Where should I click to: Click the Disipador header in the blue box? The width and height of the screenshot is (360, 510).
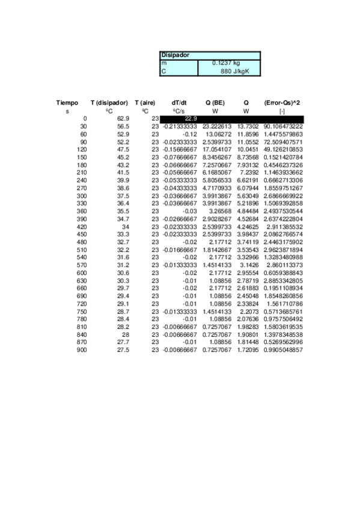pyautogui.click(x=175, y=55)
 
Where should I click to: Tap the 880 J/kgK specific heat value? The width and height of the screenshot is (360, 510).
pyautogui.click(x=234, y=70)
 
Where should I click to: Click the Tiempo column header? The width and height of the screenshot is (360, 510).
pyautogui.click(x=67, y=103)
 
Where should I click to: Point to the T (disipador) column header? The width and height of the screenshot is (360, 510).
pyautogui.click(x=109, y=103)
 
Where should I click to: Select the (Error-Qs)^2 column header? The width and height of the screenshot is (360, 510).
pyautogui.click(x=282, y=103)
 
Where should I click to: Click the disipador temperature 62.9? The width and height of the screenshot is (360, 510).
pyautogui.click(x=123, y=119)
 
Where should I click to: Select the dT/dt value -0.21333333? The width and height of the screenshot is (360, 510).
pyautogui.click(x=180, y=127)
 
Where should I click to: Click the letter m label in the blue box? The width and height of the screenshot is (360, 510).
pyautogui.click(x=163, y=63)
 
